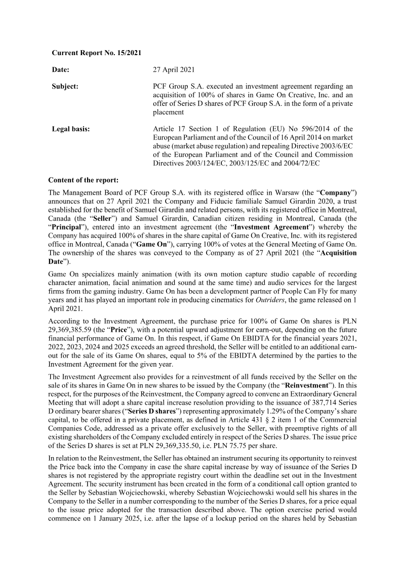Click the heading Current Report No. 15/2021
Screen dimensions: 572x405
[96, 53]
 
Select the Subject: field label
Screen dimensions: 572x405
[65, 86]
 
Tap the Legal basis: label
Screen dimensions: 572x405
[71, 129]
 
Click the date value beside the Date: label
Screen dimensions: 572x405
[174, 69]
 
